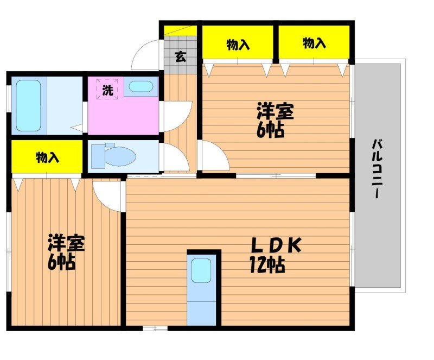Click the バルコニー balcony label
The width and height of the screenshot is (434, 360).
click(x=375, y=169)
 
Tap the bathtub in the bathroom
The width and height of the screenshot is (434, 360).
click(x=28, y=105)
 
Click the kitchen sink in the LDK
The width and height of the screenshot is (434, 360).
click(x=201, y=270)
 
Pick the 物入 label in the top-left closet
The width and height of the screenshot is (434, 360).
click(x=238, y=44)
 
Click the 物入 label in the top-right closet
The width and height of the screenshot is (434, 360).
click(x=314, y=43)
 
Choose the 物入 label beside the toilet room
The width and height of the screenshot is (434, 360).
click(x=47, y=158)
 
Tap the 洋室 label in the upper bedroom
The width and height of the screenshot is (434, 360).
click(x=275, y=112)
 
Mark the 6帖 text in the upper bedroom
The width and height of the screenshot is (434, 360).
click(x=271, y=130)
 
